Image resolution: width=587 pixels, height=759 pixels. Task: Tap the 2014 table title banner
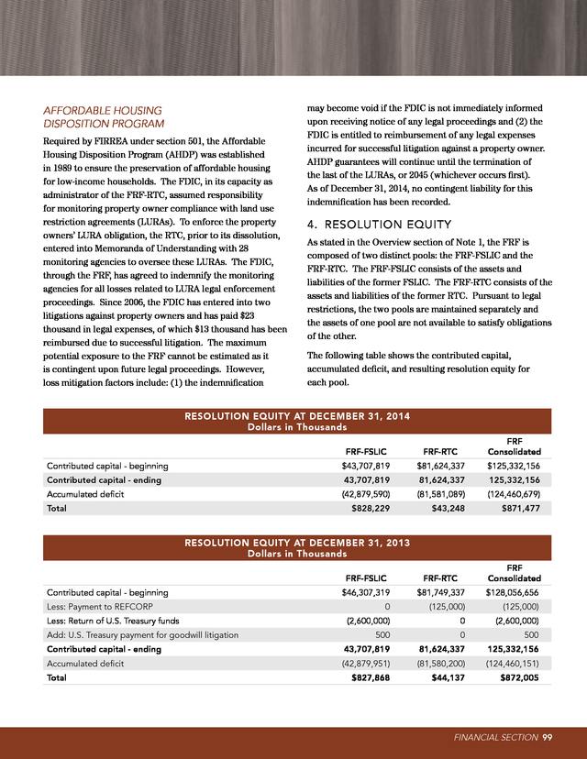coord(294,421)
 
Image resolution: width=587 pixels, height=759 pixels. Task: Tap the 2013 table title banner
coord(294,547)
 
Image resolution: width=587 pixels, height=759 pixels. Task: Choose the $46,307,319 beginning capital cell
coord(371,591)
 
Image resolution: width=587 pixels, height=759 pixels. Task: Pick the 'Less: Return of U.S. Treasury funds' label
coord(116,620)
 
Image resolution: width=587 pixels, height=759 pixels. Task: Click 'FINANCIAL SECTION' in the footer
coord(494,737)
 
